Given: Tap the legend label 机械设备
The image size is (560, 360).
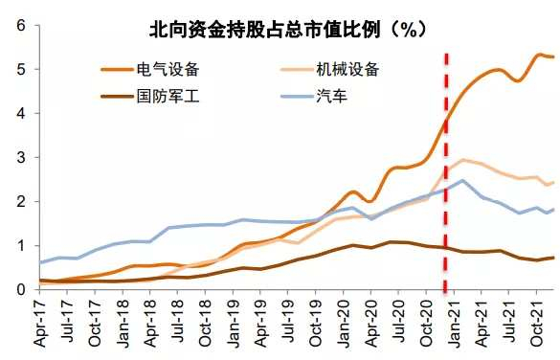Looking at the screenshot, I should coord(347,69).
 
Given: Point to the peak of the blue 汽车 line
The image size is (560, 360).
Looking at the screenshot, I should coord(462,180).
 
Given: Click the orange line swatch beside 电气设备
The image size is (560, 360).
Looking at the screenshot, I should coord(120,69).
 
